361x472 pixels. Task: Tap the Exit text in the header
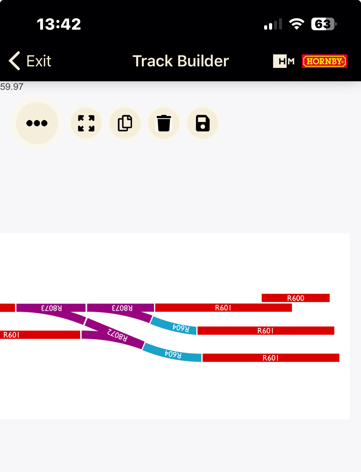[39, 61]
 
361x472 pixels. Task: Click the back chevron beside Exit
[15, 61]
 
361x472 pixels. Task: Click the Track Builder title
[180, 61]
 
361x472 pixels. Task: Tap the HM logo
[284, 61]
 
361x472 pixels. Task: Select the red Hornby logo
[324, 61]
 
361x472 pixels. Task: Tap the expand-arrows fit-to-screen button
[86, 123]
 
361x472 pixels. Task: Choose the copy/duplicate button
[125, 123]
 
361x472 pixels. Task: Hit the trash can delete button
[164, 123]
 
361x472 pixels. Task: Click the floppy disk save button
[203, 123]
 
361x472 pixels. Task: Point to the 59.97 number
[12, 87]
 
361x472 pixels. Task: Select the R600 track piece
[295, 298]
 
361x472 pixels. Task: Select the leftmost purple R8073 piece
[51, 308]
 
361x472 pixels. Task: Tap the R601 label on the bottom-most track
[270, 358]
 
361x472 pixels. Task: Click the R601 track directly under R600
[223, 308]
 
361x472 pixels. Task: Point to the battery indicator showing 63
[323, 24]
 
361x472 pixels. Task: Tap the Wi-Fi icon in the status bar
[296, 24]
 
